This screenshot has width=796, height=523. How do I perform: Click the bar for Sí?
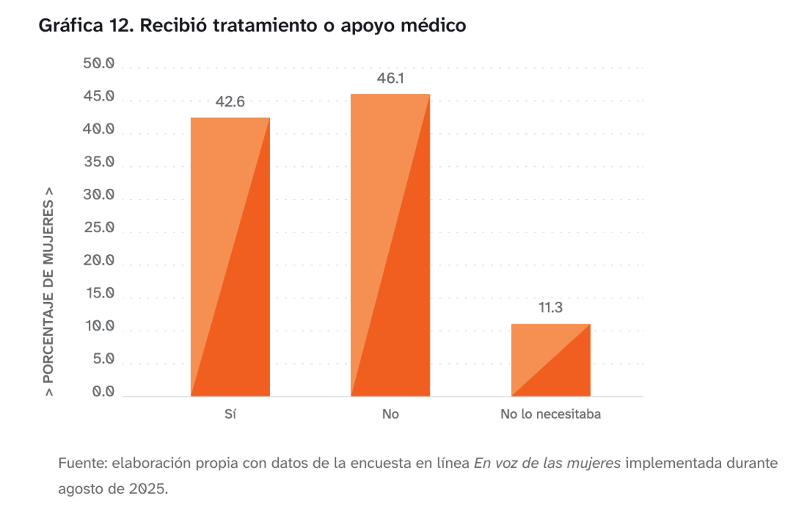point(230,257)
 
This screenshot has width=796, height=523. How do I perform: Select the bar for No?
point(390,245)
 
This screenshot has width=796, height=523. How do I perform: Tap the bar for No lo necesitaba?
point(551,360)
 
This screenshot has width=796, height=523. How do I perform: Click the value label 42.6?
point(230,102)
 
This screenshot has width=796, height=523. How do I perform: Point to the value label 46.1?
point(390,79)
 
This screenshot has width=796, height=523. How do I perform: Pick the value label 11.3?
point(550,308)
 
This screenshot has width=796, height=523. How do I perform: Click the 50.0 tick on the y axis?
point(98,63)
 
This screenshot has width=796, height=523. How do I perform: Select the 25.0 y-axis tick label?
point(99,227)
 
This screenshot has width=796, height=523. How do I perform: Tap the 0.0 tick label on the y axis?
point(103,391)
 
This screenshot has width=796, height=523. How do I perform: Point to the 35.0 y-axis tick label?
point(99,162)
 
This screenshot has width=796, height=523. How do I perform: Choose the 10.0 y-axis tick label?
point(99,326)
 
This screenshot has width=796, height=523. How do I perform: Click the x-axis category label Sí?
point(230,414)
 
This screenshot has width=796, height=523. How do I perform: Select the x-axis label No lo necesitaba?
point(550,414)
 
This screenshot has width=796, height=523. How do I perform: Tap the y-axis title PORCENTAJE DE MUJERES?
point(48,291)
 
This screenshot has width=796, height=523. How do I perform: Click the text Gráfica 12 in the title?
point(86,26)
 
